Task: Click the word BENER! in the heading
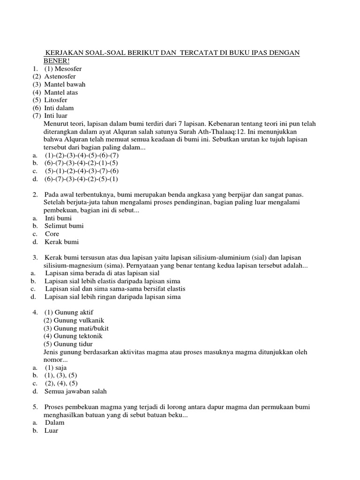pyautogui.click(x=56, y=61)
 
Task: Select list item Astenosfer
pyautogui.click(x=60, y=76)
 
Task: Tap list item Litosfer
pyautogui.click(x=56, y=100)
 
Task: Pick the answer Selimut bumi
pyautogui.click(x=64, y=226)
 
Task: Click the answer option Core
pyautogui.click(x=52, y=234)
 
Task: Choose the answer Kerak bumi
pyautogui.click(x=62, y=242)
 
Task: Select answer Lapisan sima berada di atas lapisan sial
pyautogui.click(x=103, y=273)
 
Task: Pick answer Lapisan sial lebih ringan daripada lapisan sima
pyautogui.click(x=112, y=297)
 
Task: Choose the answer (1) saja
pyautogui.click(x=56, y=368)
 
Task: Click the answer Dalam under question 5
pyautogui.click(x=55, y=422)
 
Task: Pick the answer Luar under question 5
pyautogui.click(x=52, y=430)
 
